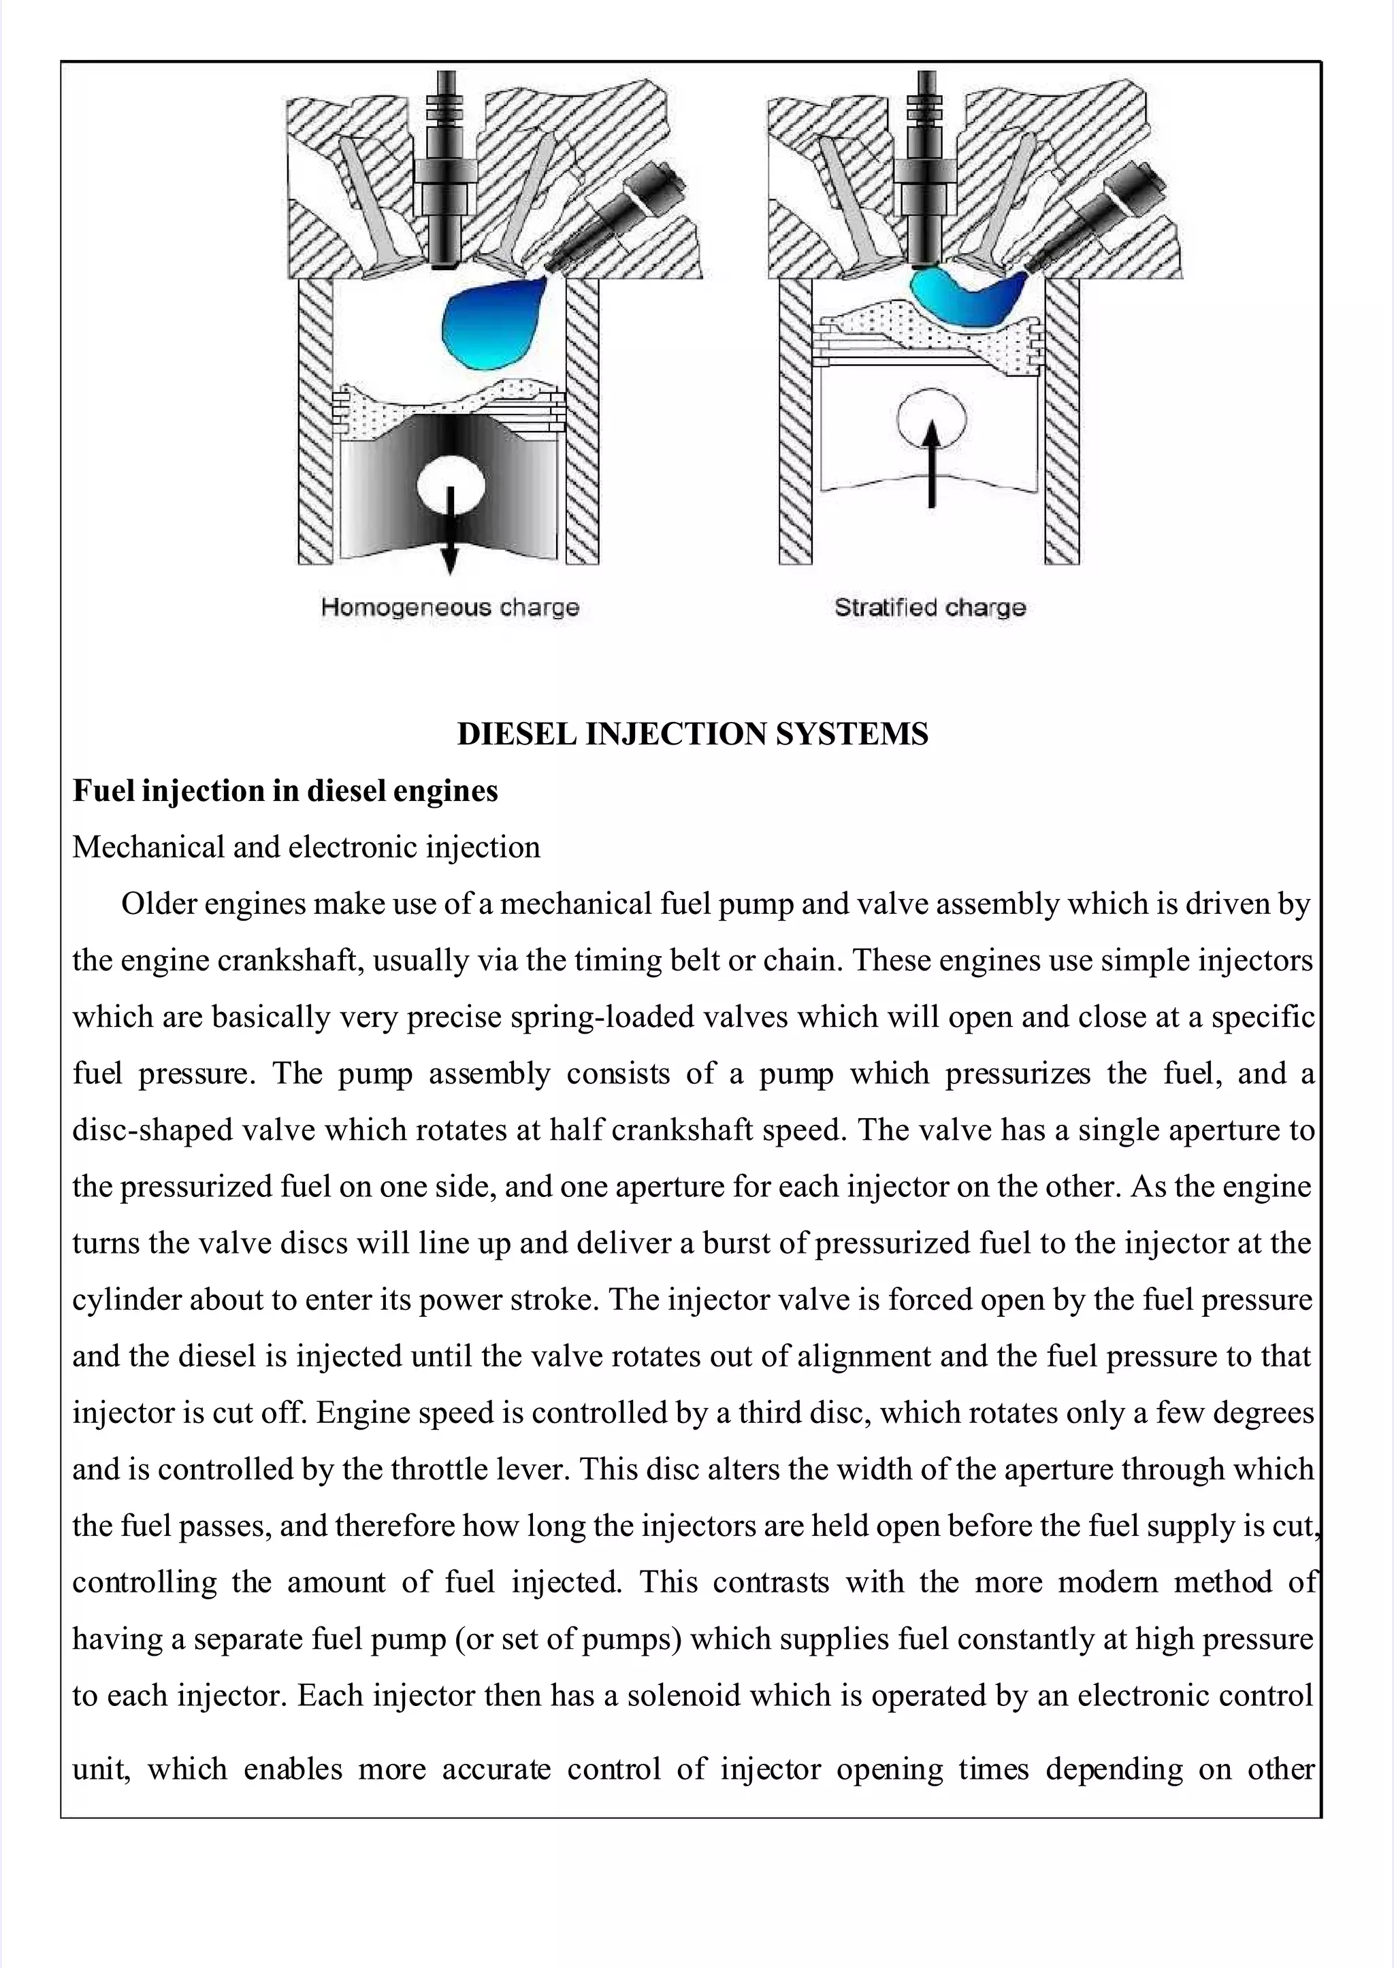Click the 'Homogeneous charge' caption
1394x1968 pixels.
(x=450, y=608)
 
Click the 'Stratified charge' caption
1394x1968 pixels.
(x=930, y=608)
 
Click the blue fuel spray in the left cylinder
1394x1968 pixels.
(x=487, y=322)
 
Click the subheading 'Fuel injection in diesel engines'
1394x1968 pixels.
(x=285, y=791)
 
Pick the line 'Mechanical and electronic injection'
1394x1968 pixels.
(x=306, y=847)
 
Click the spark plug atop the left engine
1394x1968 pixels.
(x=444, y=171)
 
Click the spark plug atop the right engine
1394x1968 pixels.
(x=924, y=171)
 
